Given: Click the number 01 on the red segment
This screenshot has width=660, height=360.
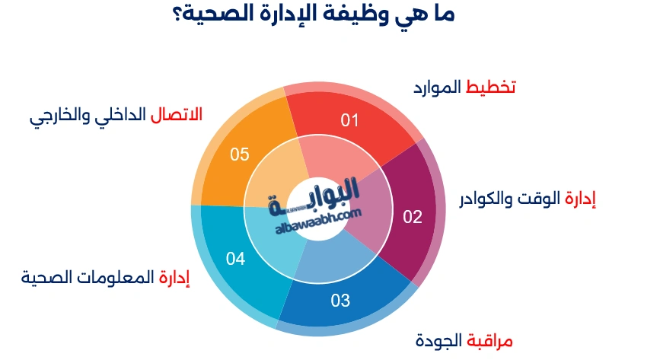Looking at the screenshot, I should pos(349,119).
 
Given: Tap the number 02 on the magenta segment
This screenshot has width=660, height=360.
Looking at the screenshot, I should pos(412,217).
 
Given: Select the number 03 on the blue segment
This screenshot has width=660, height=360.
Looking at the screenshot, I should pos(340,301).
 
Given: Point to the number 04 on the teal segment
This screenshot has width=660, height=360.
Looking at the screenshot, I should pos(235,260).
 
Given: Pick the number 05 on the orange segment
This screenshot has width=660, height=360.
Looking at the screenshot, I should pos(240,155).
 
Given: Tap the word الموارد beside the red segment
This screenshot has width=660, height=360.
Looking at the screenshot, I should pos(437,87).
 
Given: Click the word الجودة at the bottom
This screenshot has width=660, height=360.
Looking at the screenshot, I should pos(439,340).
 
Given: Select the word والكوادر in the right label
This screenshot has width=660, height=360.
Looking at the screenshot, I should pos(486,199).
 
